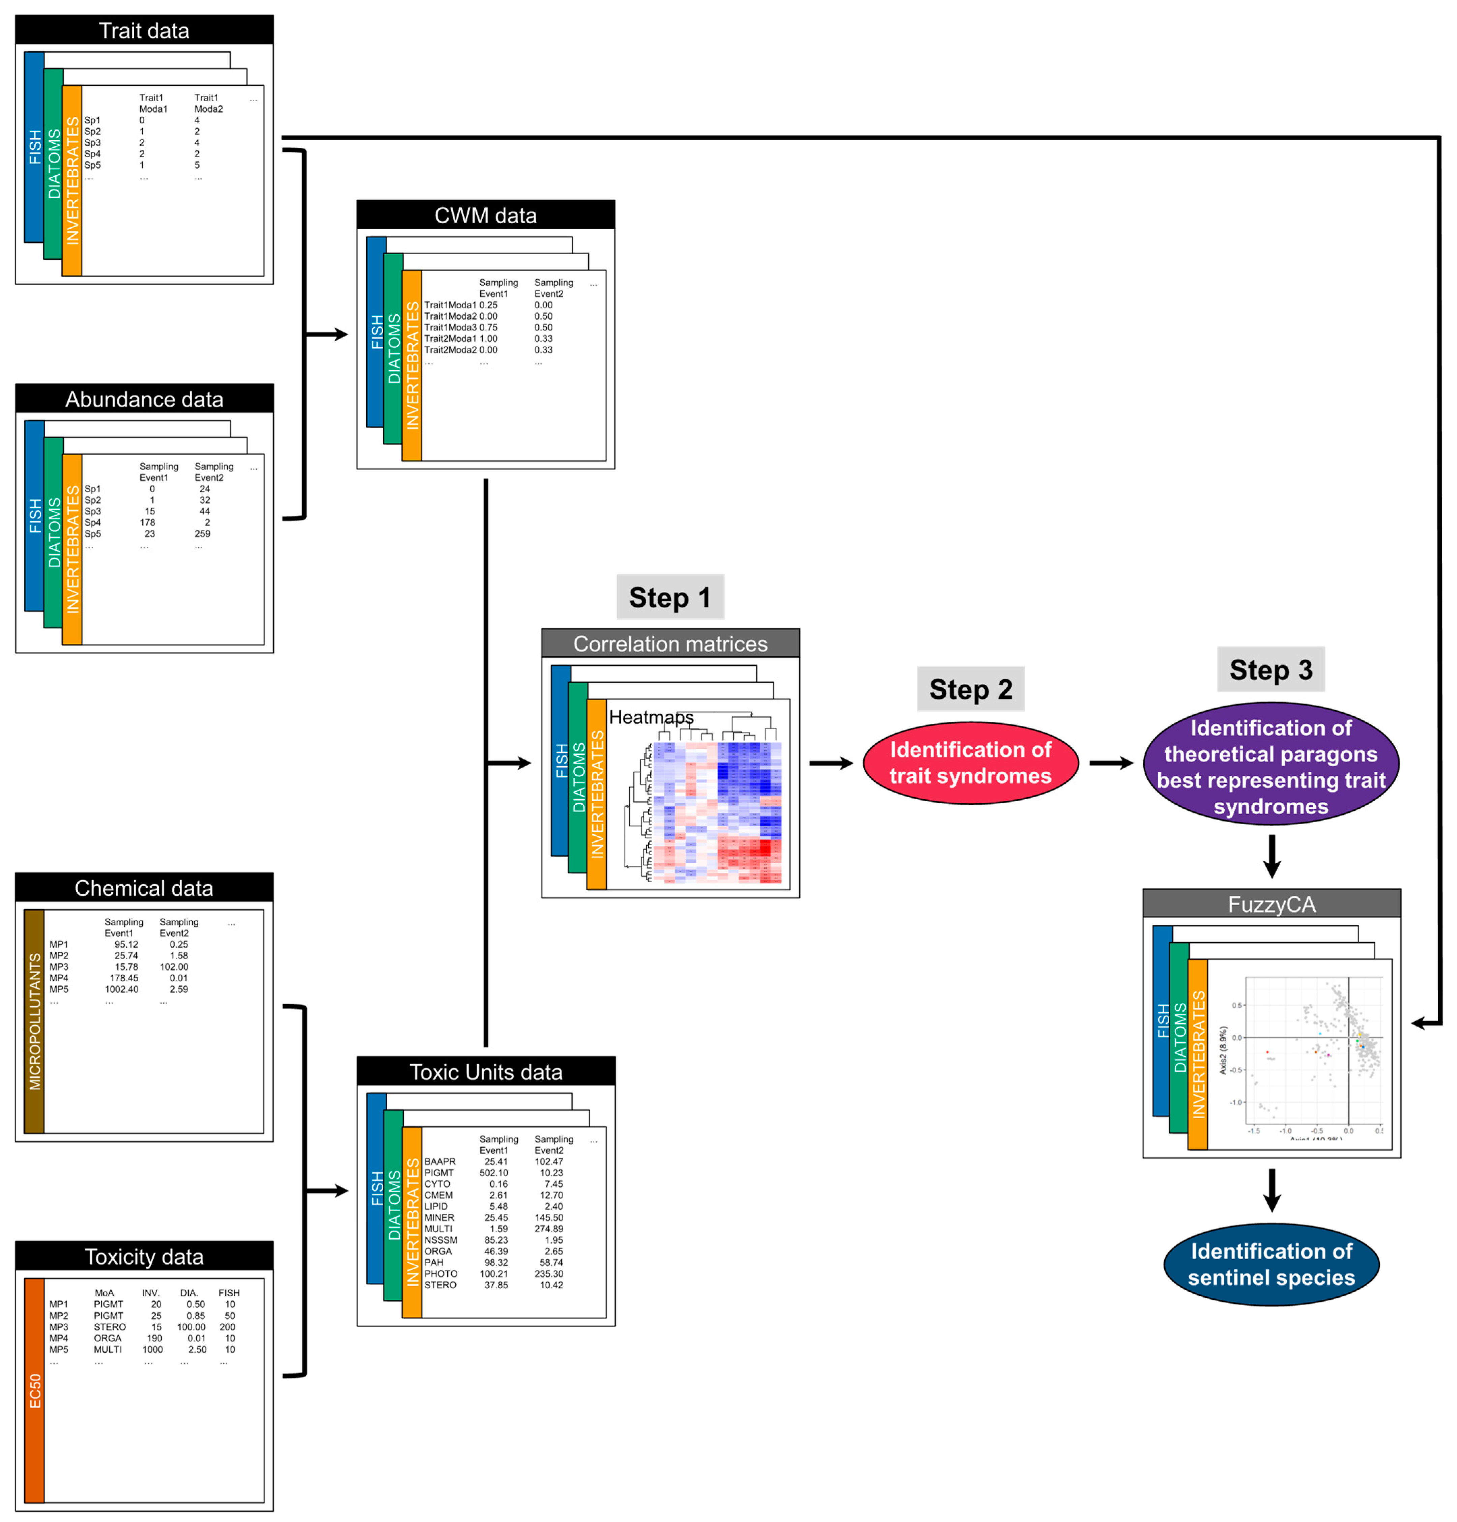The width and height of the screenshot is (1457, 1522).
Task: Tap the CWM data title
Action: [485, 215]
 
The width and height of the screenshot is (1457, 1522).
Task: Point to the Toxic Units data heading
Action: [485, 1072]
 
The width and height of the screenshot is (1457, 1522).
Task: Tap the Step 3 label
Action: [1270, 669]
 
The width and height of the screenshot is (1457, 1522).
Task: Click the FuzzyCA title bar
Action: [1270, 904]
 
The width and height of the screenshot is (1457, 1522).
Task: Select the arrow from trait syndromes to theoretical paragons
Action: [1111, 763]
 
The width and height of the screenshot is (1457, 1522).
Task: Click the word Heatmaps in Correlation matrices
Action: [651, 717]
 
